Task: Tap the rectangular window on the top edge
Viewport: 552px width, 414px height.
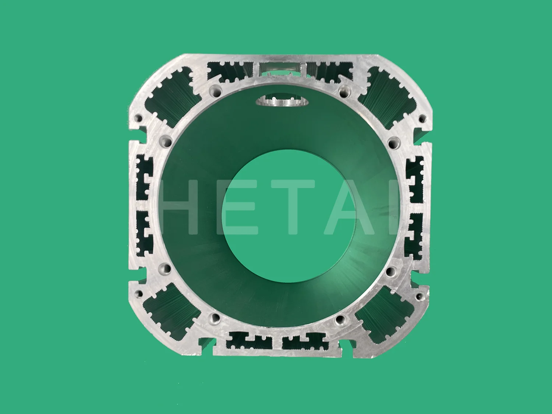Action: tap(280, 68)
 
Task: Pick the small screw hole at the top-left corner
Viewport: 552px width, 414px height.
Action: tap(139, 118)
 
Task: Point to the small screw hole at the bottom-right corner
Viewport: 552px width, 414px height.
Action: tap(419, 296)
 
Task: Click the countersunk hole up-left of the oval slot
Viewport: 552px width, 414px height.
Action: tap(215, 90)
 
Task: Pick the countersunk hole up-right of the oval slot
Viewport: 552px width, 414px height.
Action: tap(345, 89)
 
